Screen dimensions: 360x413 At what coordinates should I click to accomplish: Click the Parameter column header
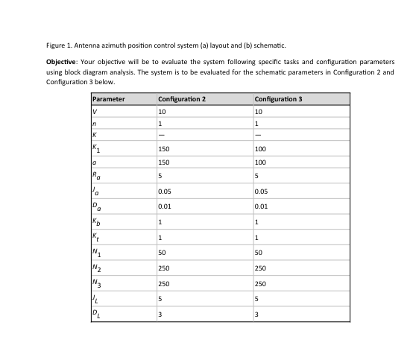tap(109, 98)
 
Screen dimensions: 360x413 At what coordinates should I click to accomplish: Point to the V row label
tap(95, 111)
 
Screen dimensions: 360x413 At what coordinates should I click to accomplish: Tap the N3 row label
tap(95, 283)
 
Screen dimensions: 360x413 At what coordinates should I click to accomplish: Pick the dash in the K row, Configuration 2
tap(161, 135)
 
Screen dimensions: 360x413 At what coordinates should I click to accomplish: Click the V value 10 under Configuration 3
tap(258, 111)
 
